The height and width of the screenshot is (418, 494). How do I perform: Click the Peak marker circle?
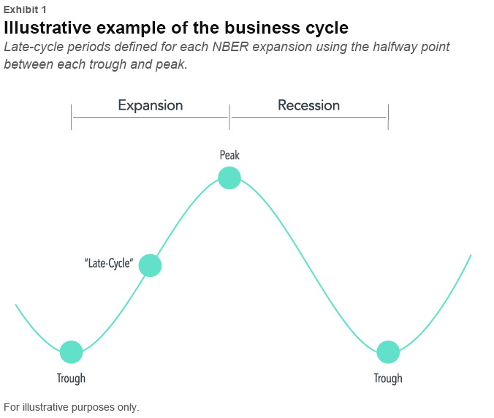[x=229, y=178]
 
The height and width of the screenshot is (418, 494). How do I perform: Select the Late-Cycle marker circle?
[x=151, y=265]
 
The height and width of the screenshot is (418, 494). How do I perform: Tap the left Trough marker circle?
[x=71, y=352]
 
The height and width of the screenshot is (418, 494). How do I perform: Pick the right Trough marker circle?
[x=388, y=352]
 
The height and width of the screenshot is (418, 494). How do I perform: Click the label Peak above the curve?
[x=229, y=156]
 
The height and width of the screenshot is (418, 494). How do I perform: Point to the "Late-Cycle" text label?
[x=109, y=263]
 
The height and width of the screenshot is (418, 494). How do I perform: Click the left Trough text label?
[x=71, y=379]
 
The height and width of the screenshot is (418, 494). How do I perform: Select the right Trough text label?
[x=388, y=379]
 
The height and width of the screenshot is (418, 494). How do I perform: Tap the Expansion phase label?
[x=151, y=105]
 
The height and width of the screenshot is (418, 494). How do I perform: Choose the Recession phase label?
[x=308, y=105]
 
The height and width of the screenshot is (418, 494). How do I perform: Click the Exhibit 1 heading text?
[x=25, y=9]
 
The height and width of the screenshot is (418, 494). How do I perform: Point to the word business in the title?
[x=262, y=28]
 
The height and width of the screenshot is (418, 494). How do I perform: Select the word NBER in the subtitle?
[x=231, y=47]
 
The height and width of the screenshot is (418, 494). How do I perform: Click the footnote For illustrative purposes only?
[x=72, y=407]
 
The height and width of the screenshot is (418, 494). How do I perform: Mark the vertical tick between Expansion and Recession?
[x=229, y=117]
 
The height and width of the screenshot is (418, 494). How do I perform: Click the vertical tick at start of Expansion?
[x=71, y=117]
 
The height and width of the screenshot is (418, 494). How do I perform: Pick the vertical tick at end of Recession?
[x=388, y=117]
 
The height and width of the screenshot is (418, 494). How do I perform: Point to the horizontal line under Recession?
[x=308, y=117]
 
